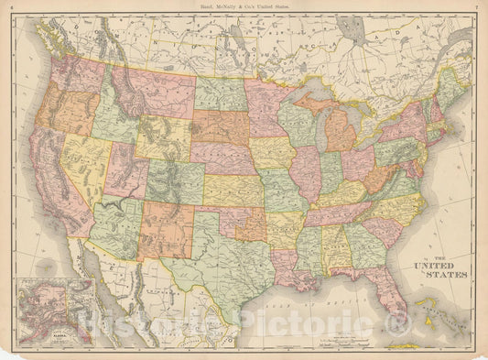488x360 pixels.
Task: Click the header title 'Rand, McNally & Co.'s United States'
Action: pos(244,8)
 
